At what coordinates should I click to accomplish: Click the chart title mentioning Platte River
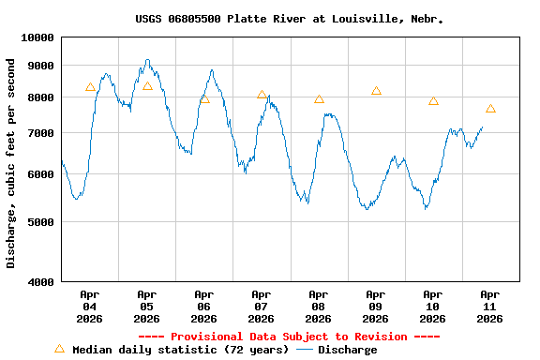pos(289,19)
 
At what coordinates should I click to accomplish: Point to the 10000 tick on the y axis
pos(37,37)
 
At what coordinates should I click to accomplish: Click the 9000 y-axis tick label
pos(40,66)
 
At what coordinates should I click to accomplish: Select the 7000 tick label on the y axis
pos(40,133)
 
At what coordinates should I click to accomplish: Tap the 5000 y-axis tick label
pos(40,222)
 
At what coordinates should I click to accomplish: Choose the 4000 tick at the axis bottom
pos(40,281)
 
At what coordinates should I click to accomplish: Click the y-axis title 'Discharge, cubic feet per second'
pos(11,163)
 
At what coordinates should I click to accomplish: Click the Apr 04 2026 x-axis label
pos(89,307)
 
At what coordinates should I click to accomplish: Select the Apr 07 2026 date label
pos(261,307)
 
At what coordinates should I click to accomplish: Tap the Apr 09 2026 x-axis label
pos(375,307)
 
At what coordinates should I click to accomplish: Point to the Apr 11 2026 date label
pos(489,307)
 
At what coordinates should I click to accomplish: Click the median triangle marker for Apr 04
pos(90,87)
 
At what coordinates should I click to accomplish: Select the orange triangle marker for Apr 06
pos(204,98)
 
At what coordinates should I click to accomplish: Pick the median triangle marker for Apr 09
pos(376,91)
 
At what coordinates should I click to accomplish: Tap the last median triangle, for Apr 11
pos(490,109)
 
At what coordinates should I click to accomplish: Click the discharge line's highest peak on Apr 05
pos(147,60)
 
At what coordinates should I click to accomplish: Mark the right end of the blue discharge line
pos(483,127)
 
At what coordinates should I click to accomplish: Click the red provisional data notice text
pos(289,337)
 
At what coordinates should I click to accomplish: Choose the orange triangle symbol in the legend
pos(59,349)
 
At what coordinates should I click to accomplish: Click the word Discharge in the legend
pos(347,350)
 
